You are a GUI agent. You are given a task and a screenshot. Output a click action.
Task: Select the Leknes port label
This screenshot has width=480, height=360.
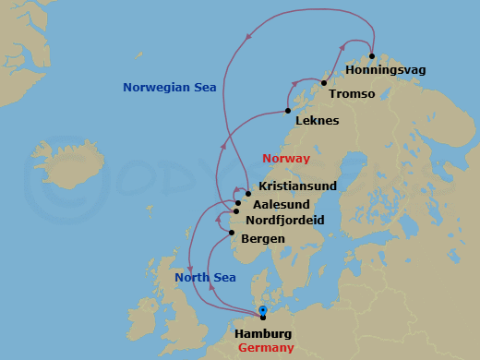click(x=317, y=121)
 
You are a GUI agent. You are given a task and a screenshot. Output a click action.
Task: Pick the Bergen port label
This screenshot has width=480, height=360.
click(x=262, y=239)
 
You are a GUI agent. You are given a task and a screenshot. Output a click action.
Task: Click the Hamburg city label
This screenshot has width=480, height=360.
click(x=263, y=333)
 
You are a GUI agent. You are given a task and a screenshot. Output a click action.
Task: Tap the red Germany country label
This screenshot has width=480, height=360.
click(x=266, y=348)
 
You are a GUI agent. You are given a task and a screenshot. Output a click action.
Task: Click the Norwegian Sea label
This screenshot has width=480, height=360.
click(x=169, y=88)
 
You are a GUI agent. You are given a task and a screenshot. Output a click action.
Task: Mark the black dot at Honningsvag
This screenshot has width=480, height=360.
click(x=371, y=56)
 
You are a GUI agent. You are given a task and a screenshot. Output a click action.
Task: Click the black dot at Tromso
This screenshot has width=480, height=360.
click(x=324, y=83)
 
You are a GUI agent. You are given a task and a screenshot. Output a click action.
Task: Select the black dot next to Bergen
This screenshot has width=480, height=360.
click(x=232, y=233)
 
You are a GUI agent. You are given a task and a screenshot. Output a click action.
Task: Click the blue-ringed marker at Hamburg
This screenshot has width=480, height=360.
click(x=263, y=311)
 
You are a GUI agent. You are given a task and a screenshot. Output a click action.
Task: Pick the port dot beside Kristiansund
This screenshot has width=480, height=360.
click(x=248, y=194)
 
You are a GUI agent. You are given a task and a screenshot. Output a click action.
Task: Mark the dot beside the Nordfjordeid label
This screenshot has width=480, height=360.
click(x=236, y=212)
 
